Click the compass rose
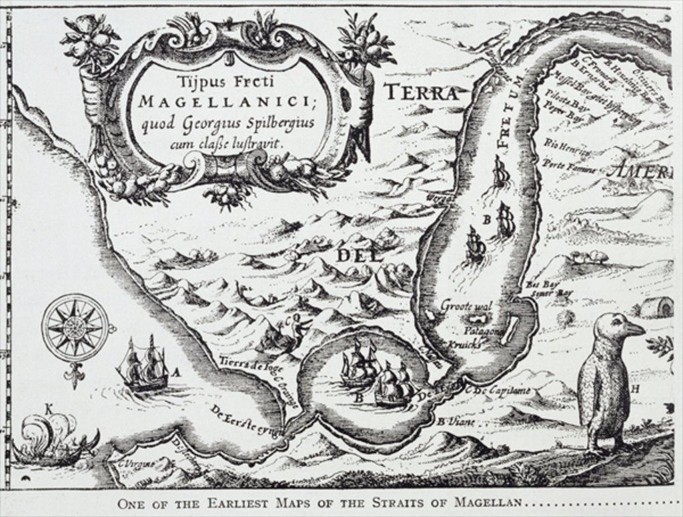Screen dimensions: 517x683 pos(74,327)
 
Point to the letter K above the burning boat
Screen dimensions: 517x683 pos(48,407)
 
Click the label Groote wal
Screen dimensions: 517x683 pos(466,306)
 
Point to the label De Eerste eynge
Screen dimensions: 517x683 pos(241,420)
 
